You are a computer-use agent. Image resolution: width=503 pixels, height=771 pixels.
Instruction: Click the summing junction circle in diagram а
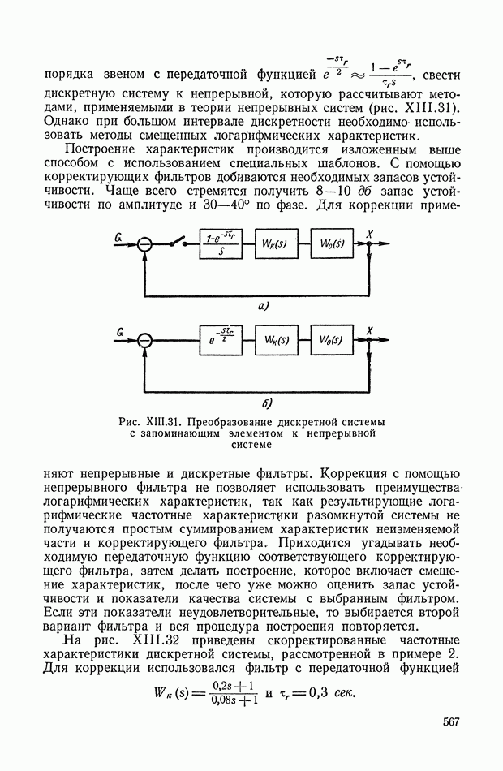(144, 244)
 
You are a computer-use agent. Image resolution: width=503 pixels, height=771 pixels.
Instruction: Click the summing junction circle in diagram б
(144, 342)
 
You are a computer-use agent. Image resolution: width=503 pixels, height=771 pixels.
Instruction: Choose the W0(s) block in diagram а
(331, 244)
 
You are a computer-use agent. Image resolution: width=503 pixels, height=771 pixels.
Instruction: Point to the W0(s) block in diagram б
(331, 342)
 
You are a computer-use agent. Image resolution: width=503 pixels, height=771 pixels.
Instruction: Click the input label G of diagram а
(119, 236)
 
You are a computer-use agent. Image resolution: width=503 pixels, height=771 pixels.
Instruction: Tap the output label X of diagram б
(370, 332)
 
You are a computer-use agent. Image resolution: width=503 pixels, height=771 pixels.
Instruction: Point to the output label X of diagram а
(370, 235)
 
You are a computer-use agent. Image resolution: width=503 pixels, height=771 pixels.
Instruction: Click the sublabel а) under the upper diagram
(263, 306)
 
